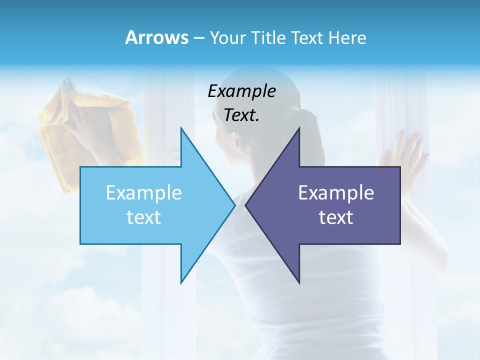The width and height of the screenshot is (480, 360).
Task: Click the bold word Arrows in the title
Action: pyautogui.click(x=156, y=37)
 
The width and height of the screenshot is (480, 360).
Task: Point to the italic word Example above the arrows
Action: pyautogui.click(x=241, y=91)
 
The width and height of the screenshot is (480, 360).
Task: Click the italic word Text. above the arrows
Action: pyautogui.click(x=241, y=115)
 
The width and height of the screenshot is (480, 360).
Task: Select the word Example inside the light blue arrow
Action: pyautogui.click(x=144, y=193)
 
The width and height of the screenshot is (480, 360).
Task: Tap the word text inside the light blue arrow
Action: pyautogui.click(x=144, y=217)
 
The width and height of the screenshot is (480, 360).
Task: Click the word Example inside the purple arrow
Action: pyautogui.click(x=336, y=193)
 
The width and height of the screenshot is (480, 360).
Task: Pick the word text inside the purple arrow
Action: pyautogui.click(x=336, y=217)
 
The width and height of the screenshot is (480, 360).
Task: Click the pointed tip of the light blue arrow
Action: pyautogui.click(x=234, y=205)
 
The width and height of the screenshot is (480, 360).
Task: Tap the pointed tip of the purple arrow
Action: pyautogui.click(x=246, y=205)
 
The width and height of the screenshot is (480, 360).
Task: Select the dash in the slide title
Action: pyautogui.click(x=199, y=38)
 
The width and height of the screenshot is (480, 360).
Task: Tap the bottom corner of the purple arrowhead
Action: pyautogui.click(x=299, y=282)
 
